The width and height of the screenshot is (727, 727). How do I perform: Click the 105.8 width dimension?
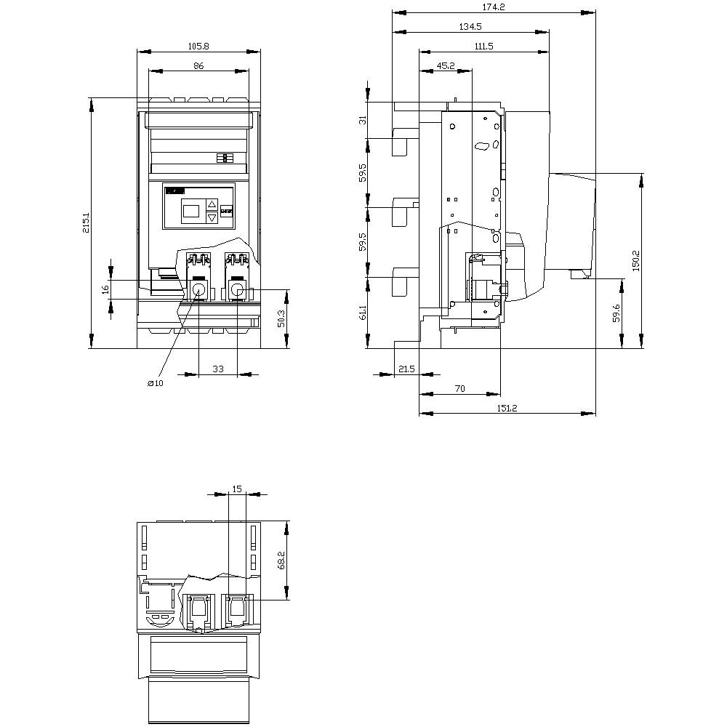[x=198, y=47]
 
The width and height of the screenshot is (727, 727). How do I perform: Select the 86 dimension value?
[x=198, y=66]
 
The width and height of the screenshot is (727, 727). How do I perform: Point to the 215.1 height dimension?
[x=87, y=223]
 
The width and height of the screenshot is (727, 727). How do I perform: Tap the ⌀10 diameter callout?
[x=156, y=383]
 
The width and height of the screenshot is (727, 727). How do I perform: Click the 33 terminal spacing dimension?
[x=218, y=369]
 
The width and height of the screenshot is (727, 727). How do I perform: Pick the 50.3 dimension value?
[x=281, y=318]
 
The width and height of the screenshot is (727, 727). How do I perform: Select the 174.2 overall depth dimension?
[x=494, y=7]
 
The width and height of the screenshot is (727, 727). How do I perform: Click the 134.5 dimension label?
[x=470, y=27]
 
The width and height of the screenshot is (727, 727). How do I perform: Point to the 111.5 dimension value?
[x=483, y=47]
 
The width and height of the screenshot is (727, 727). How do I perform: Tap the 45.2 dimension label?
[x=446, y=66]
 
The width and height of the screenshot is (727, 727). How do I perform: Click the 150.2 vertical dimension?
[x=635, y=260]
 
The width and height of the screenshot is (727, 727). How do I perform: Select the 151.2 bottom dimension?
[x=507, y=409]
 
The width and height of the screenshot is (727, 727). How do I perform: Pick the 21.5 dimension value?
[x=406, y=369]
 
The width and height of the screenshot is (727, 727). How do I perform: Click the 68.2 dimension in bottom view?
[x=281, y=561]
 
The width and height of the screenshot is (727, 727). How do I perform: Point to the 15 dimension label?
[x=237, y=489]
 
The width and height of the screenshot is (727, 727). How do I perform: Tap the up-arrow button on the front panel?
[x=212, y=204]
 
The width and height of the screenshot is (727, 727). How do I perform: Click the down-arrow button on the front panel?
[x=212, y=217]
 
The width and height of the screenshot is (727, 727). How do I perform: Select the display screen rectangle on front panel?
[x=191, y=212]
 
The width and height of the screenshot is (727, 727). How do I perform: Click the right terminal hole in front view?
[x=238, y=291]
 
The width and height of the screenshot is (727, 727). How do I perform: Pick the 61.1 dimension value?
[x=363, y=313]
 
